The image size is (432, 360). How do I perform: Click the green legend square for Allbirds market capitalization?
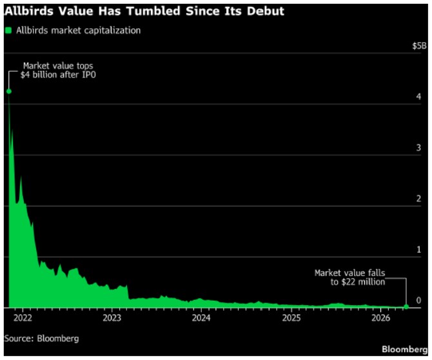8,30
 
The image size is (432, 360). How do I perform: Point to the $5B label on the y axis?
419,46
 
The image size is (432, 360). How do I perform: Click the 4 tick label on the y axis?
419,97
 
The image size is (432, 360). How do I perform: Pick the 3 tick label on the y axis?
419,148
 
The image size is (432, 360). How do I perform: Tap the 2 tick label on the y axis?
419,199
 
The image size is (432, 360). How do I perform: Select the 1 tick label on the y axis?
419,250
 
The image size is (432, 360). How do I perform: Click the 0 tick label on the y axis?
419,301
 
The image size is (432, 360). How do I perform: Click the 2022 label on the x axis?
22,318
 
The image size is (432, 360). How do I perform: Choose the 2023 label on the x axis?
112,318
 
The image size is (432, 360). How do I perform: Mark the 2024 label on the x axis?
201,318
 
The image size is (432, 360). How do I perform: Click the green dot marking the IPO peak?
8,91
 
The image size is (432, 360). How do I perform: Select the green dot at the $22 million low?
406,307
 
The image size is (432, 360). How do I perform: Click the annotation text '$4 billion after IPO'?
56,75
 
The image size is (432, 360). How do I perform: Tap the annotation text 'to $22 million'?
353,282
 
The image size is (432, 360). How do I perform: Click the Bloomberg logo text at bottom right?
404,349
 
